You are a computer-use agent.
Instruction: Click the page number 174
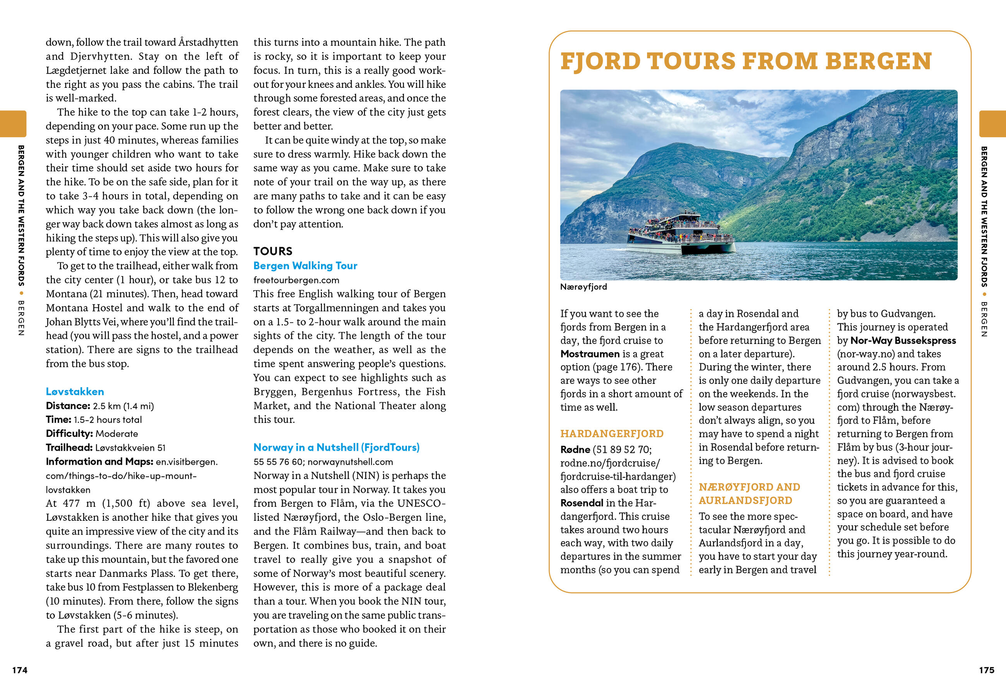pyautogui.click(x=20, y=670)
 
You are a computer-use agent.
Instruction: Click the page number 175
pyautogui.click(x=987, y=670)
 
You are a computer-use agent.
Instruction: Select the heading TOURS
pyautogui.click(x=273, y=251)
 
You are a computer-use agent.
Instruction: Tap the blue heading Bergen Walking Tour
pyautogui.click(x=305, y=266)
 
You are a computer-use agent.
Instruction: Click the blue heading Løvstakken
pyautogui.click(x=75, y=392)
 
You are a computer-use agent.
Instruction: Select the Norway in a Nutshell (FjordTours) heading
pyautogui.click(x=336, y=447)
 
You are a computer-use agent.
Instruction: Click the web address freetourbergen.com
pyautogui.click(x=296, y=280)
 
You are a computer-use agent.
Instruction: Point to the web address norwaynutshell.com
pyautogui.click(x=350, y=462)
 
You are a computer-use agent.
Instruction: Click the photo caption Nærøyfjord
pyautogui.click(x=583, y=287)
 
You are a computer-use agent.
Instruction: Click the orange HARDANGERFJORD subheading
pyautogui.click(x=612, y=434)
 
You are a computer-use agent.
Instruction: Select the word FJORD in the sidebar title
pyautogui.click(x=601, y=61)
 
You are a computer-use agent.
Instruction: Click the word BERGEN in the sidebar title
pyautogui.click(x=878, y=61)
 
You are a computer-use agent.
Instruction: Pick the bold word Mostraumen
pyautogui.click(x=590, y=354)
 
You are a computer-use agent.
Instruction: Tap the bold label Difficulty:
pyautogui.click(x=69, y=434)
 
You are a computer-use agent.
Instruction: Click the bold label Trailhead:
pyautogui.click(x=69, y=448)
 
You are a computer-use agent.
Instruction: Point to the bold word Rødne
pyautogui.click(x=575, y=450)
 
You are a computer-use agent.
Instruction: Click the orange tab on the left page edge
pyautogui.click(x=13, y=124)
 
